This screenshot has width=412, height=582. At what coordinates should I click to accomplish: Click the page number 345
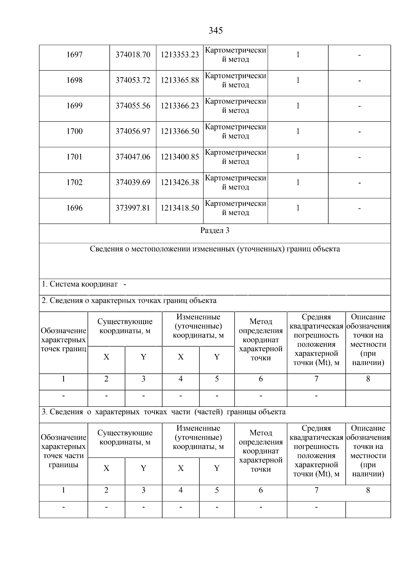[x=216, y=31]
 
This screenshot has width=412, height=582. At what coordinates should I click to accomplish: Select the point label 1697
[x=75, y=55]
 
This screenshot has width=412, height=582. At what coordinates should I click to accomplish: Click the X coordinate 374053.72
[x=133, y=81]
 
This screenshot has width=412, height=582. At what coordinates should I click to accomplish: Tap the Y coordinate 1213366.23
[x=180, y=106]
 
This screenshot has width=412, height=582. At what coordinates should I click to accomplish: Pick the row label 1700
[x=75, y=132]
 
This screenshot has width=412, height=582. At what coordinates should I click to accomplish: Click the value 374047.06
[x=133, y=157]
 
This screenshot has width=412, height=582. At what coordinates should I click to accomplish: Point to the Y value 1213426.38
[x=180, y=183]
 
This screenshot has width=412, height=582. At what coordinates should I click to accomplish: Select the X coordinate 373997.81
[x=133, y=208]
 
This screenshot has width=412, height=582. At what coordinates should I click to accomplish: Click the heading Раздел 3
[x=215, y=231]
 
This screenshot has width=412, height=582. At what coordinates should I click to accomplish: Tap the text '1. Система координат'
[x=80, y=285]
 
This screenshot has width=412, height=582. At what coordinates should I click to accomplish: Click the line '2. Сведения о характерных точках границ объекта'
[x=129, y=301]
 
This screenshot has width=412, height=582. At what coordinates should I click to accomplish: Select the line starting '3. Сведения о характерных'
[x=163, y=412]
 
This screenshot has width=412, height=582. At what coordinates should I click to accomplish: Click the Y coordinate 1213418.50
[x=180, y=208]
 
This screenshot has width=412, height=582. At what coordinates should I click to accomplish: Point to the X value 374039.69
[x=133, y=183]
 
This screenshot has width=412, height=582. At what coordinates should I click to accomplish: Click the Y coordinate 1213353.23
[x=180, y=55]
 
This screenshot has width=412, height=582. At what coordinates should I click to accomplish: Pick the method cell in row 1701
[x=236, y=157]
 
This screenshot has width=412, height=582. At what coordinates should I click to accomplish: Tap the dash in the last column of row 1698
[x=359, y=81]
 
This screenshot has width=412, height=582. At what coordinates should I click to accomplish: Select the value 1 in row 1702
[x=298, y=183]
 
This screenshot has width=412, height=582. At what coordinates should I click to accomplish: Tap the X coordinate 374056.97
[x=133, y=132]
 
